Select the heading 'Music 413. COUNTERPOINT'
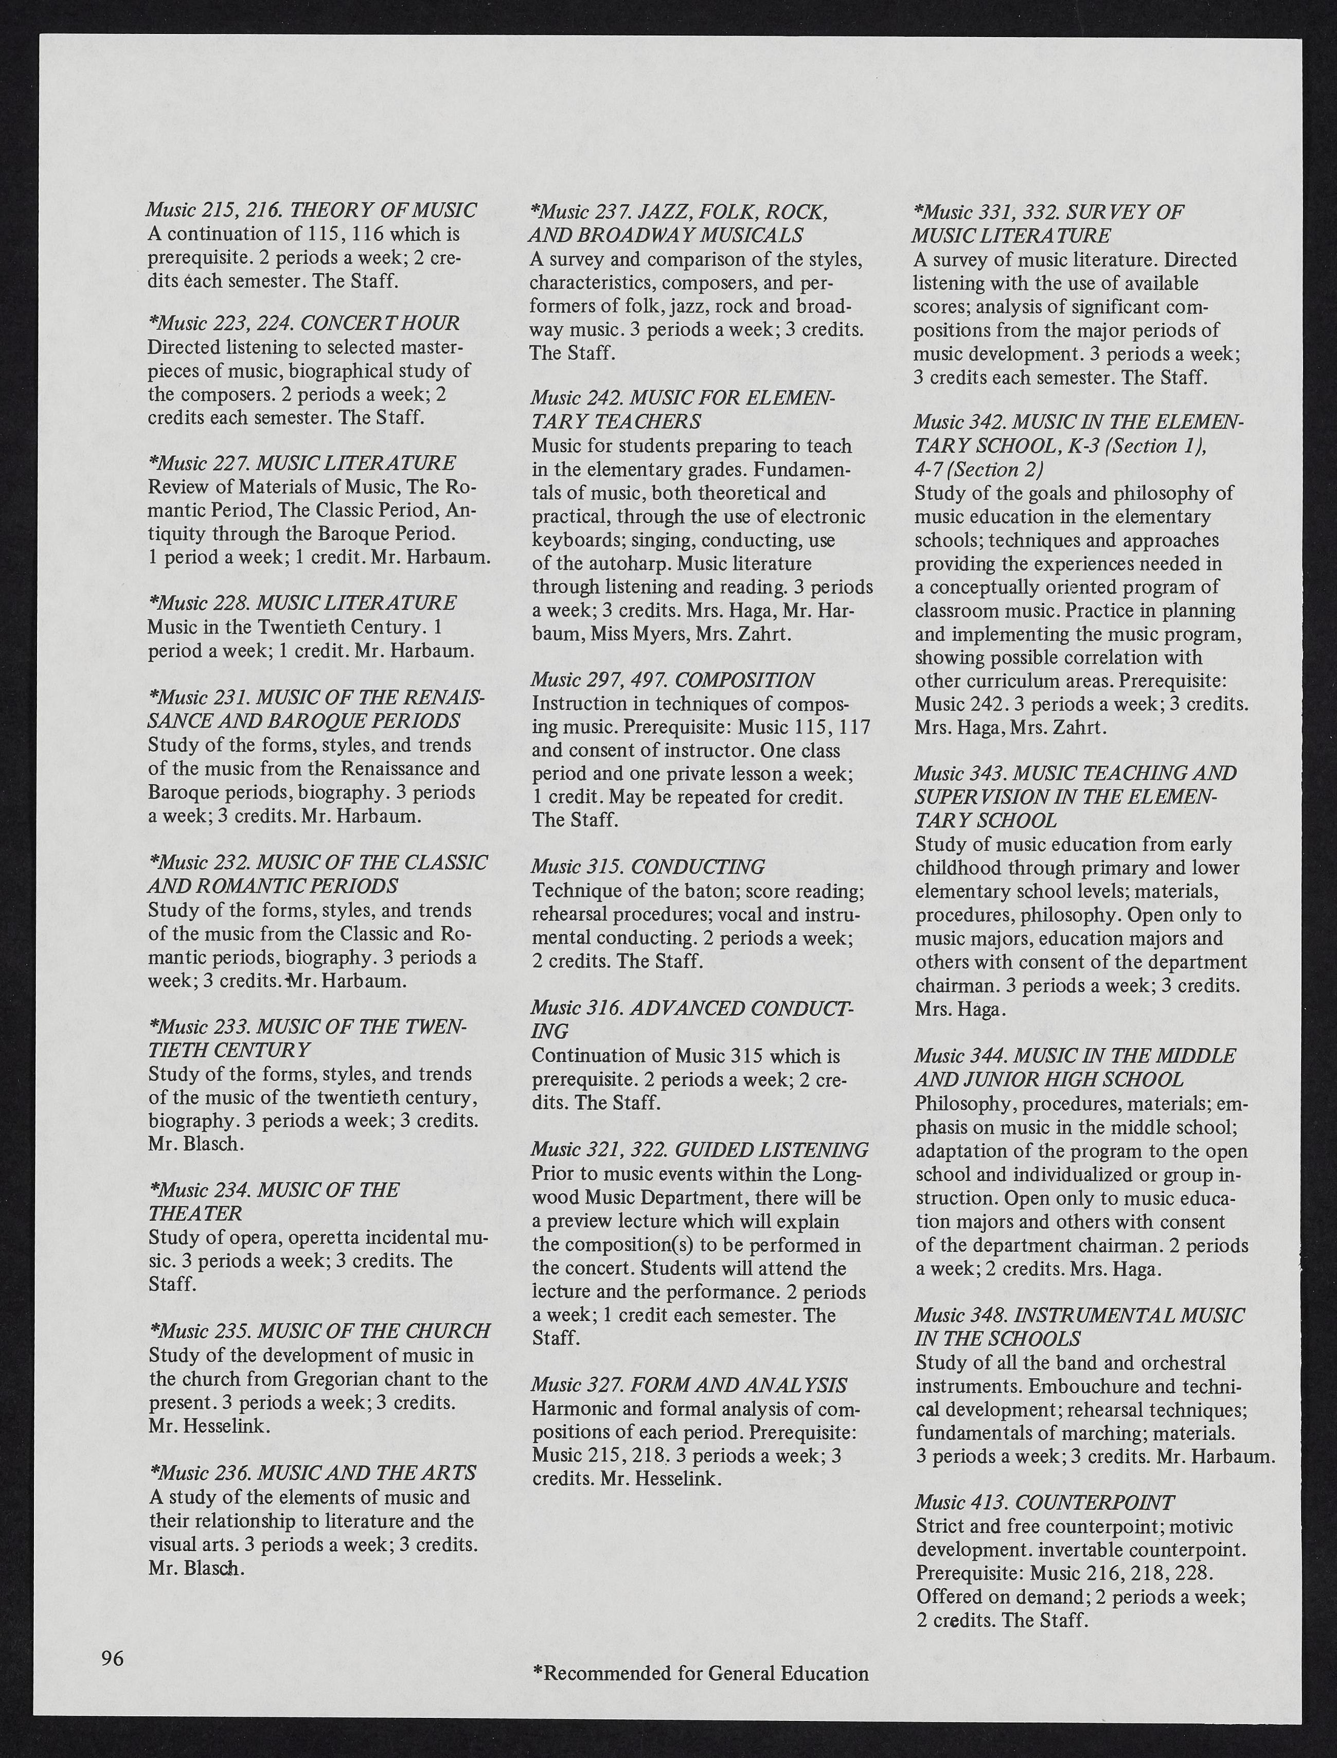click(x=1044, y=1502)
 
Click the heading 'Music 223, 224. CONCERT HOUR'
click(x=304, y=323)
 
